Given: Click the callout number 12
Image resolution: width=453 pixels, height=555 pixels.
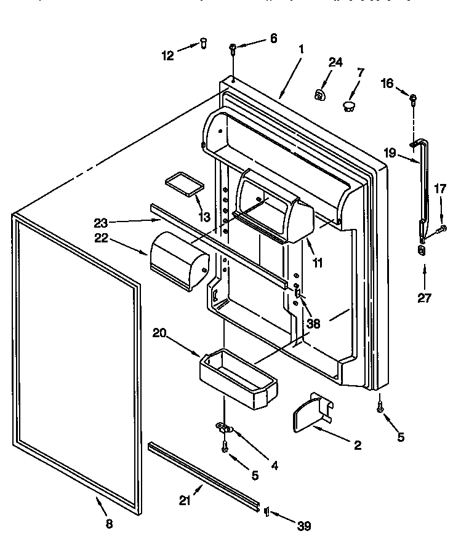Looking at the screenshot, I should click(x=168, y=55).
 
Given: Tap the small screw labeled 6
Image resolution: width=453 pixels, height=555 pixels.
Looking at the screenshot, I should click(x=233, y=48).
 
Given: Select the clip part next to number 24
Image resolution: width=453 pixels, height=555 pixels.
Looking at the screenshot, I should click(x=320, y=94).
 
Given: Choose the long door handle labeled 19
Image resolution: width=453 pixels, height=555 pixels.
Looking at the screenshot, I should click(x=422, y=185).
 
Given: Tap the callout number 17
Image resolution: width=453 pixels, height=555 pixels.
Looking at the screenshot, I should click(x=440, y=190).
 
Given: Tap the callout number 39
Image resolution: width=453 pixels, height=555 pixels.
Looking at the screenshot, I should click(x=303, y=525).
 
